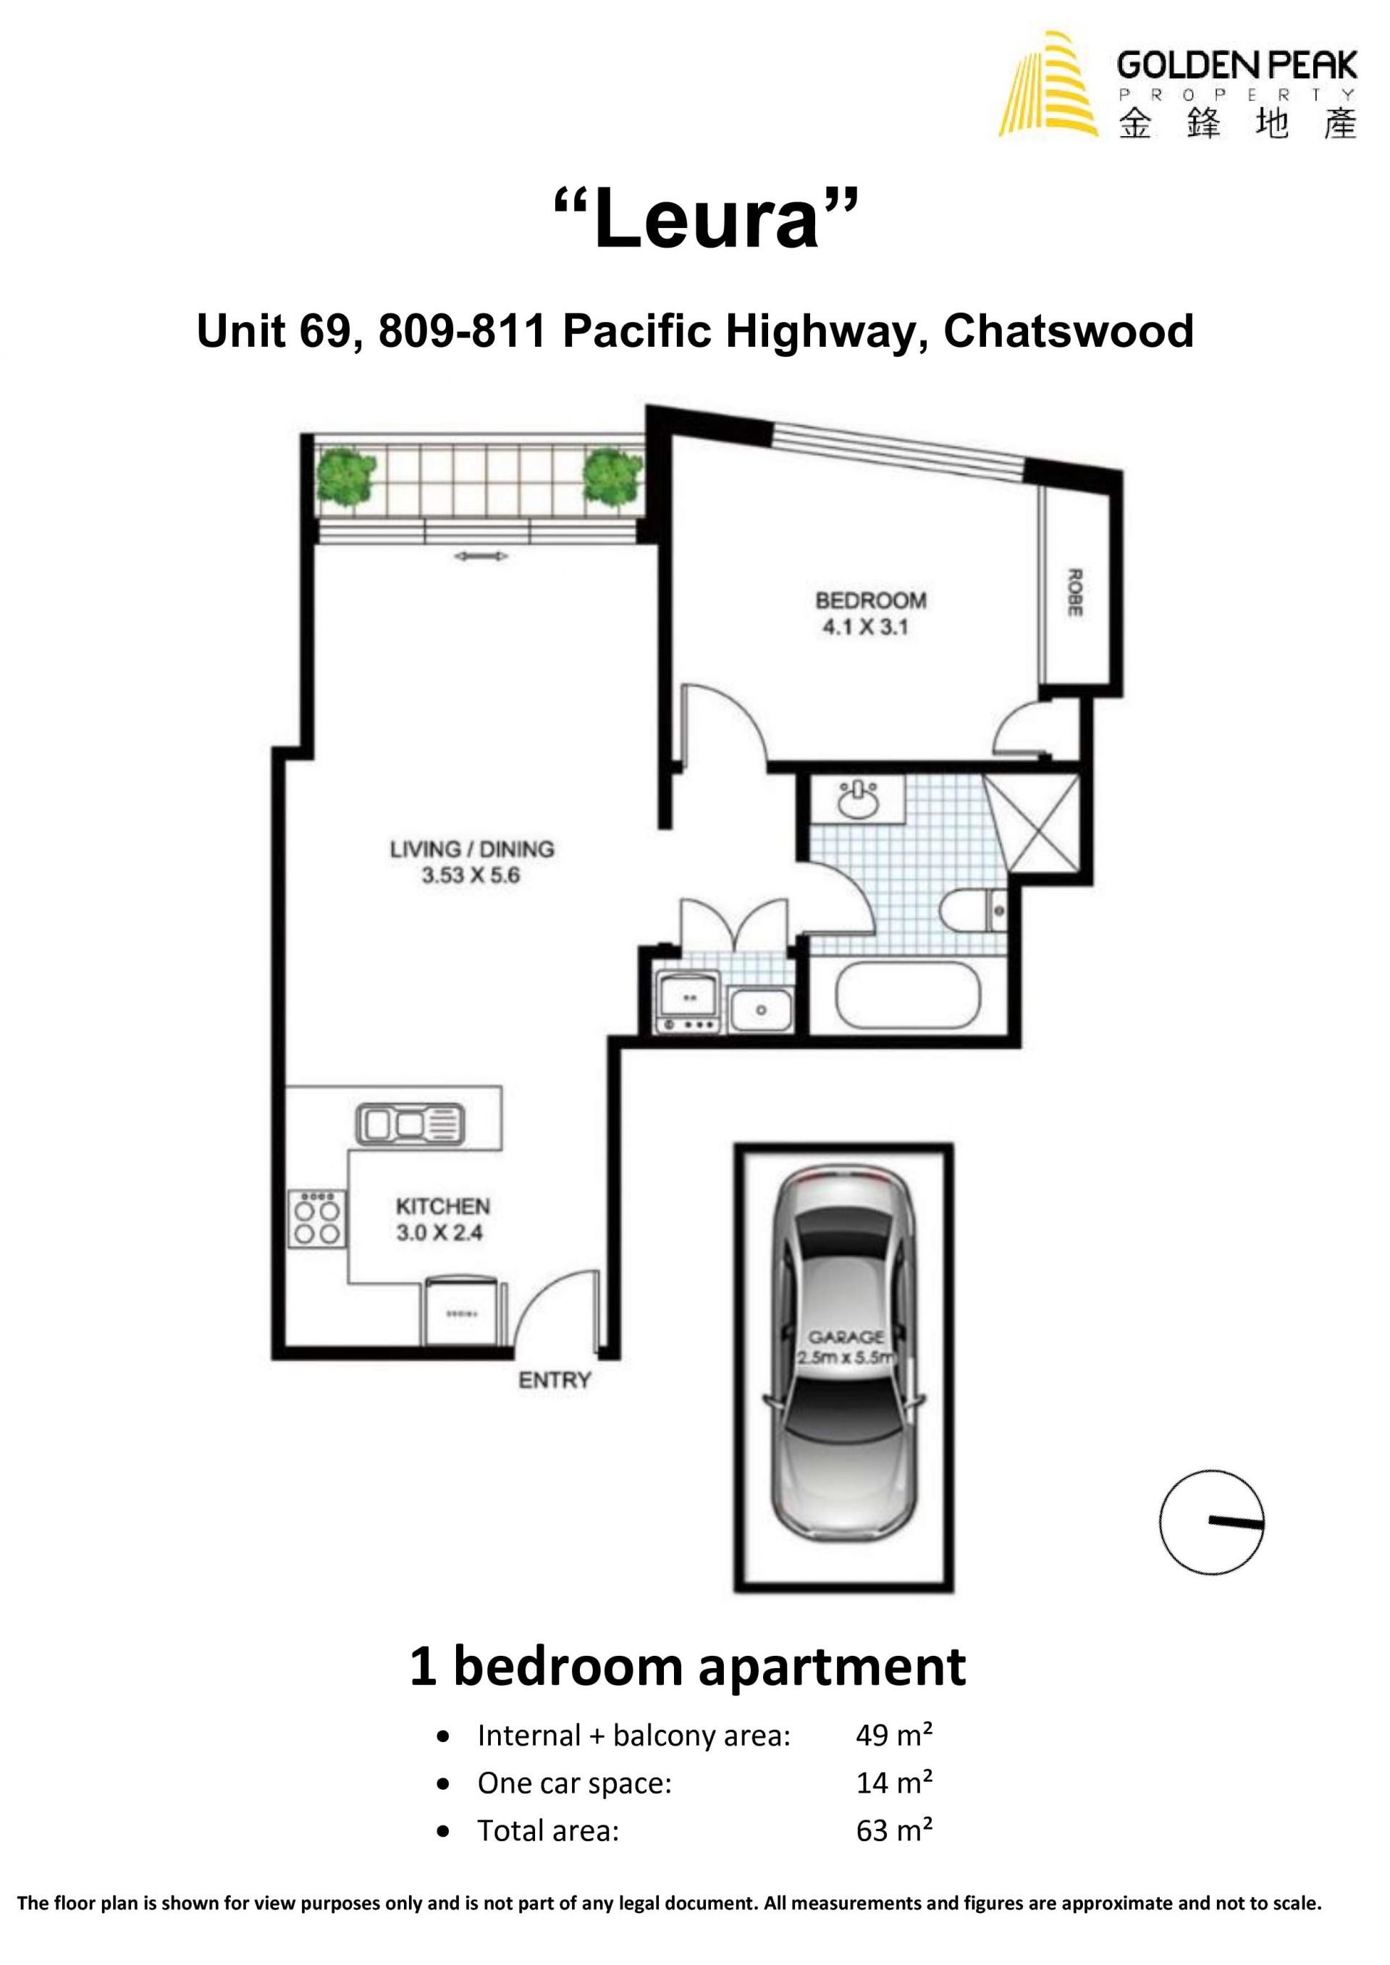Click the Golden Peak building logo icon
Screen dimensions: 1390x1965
click(1048, 84)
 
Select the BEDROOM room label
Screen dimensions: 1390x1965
click(870, 600)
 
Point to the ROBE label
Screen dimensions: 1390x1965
click(1076, 592)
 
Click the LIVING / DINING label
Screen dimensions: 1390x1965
click(471, 849)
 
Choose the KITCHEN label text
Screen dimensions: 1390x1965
click(442, 1207)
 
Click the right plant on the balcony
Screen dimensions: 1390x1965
click(613, 476)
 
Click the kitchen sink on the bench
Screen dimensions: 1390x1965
click(410, 1124)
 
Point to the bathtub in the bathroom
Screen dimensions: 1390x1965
click(907, 996)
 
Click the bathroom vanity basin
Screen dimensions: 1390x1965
click(859, 800)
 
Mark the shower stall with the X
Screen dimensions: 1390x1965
click(1032, 822)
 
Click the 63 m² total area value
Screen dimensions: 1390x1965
click(893, 1830)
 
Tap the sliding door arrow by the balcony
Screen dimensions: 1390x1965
click(481, 556)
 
